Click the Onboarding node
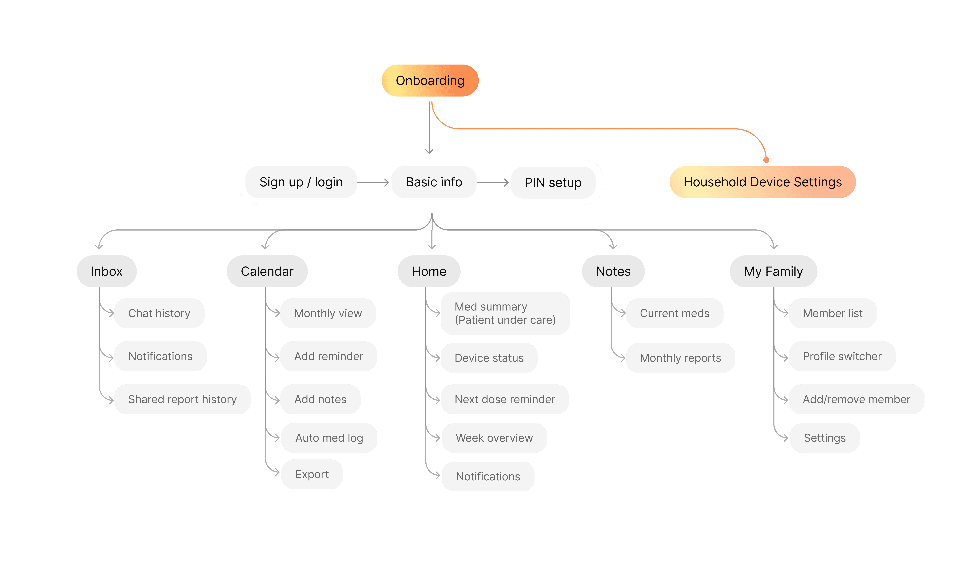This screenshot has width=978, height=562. coord(430,80)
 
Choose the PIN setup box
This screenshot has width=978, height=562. coord(553,182)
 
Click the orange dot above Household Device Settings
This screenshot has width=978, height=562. coord(766,160)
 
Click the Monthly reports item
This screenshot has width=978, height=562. coord(680,358)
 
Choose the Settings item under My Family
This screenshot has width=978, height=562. coord(825,438)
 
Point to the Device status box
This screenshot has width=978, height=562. coord(489,358)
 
